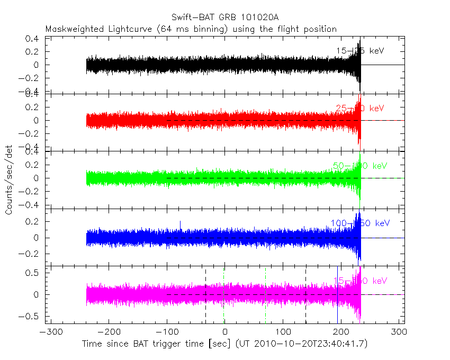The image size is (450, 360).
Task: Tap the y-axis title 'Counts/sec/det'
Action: point(9,181)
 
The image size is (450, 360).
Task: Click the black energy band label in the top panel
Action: point(359,51)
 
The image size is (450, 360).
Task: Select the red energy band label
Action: point(359,109)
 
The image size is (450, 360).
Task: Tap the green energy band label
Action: point(359,166)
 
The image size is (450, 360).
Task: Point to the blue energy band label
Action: point(359,223)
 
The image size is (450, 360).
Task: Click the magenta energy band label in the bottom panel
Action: point(359,281)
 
